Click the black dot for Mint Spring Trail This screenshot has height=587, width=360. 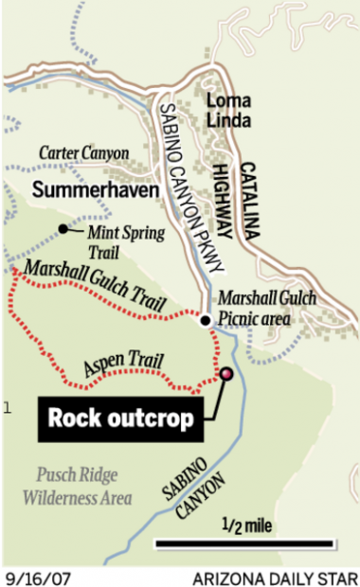click(63, 228)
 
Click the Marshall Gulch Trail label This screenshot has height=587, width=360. click(95, 279)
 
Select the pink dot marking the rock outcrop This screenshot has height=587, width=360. click(227, 375)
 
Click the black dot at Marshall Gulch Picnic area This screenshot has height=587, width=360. click(205, 320)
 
